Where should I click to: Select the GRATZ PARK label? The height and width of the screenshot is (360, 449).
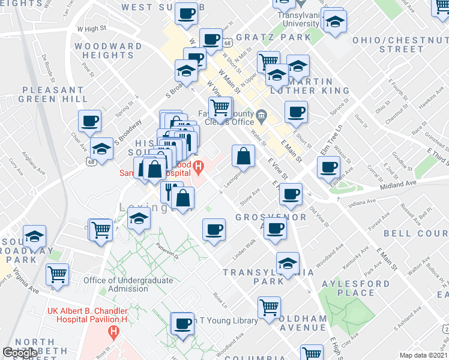274,37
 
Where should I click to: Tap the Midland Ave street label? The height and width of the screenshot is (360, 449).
397,184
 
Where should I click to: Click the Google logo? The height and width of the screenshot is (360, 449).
20,353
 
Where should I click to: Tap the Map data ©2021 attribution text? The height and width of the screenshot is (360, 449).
423,355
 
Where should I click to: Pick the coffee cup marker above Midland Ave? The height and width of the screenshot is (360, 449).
329,167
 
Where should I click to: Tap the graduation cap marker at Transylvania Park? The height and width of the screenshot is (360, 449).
288,263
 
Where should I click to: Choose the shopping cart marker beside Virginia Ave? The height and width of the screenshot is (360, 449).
58,274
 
